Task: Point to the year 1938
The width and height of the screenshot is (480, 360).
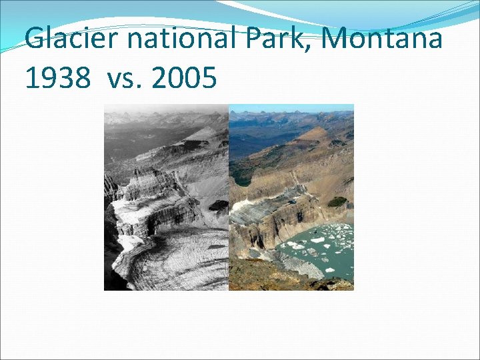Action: [57, 78]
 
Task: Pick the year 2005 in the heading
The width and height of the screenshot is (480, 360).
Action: [184, 78]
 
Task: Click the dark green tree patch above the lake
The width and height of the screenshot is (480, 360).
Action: [337, 201]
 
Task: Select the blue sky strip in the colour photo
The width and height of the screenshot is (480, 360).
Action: [291, 107]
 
